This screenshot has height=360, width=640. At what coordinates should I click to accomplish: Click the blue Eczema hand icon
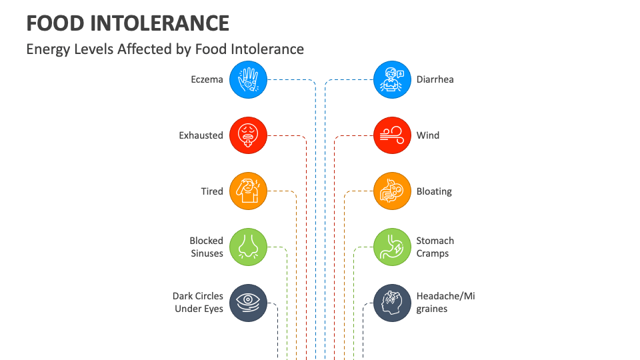(x=249, y=79)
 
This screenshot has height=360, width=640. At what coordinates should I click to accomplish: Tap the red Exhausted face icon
(x=249, y=135)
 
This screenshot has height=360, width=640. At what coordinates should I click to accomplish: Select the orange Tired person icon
(x=249, y=191)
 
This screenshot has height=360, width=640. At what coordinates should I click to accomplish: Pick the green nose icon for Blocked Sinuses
(x=249, y=247)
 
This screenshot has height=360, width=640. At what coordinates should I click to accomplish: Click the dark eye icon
(x=249, y=303)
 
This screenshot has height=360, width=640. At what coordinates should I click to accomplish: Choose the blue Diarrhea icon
(x=392, y=79)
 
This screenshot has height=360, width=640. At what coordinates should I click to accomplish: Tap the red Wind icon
(x=392, y=135)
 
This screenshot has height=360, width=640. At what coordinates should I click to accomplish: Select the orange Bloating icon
(x=392, y=191)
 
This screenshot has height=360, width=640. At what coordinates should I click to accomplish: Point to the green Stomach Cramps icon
(x=392, y=247)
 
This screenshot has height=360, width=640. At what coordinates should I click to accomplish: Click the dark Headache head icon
(x=392, y=303)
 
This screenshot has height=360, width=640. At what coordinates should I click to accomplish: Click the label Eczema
(x=207, y=79)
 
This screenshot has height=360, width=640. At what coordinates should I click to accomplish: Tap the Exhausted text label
(x=201, y=135)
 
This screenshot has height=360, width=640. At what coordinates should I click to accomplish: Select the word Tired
(x=212, y=191)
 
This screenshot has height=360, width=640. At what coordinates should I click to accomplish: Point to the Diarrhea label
(x=435, y=79)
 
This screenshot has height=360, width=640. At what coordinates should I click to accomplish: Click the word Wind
(x=428, y=135)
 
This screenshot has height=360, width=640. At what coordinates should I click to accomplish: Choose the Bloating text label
(x=434, y=191)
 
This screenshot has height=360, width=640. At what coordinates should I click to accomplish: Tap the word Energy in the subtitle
(x=46, y=49)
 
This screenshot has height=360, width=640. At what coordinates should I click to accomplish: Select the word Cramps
(x=433, y=253)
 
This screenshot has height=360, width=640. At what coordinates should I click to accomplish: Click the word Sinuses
(x=207, y=253)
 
